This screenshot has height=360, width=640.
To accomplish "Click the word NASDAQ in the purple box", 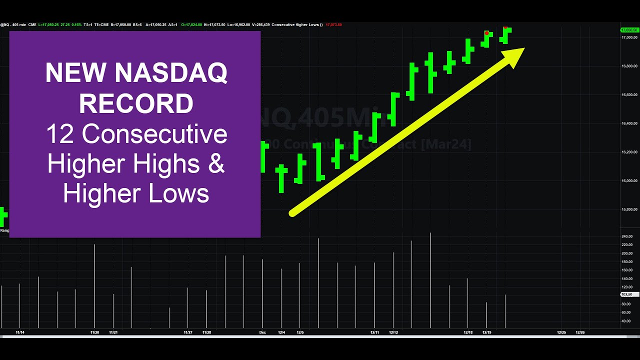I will [171, 73].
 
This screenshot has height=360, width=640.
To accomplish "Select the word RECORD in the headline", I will [136, 104].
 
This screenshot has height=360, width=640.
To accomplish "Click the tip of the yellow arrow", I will [523, 49].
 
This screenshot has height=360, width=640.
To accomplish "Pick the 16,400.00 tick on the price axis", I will [628, 123].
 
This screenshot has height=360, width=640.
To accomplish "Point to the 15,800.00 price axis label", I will [628, 209].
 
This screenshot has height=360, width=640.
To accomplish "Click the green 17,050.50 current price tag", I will [628, 30].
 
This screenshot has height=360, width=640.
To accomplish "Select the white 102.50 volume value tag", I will [626, 294].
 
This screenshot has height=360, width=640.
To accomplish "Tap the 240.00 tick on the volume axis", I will [626, 236].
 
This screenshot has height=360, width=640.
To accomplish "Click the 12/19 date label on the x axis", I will [486, 332].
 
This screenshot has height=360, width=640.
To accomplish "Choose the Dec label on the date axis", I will [262, 332].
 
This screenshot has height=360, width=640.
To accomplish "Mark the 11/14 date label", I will [20, 332].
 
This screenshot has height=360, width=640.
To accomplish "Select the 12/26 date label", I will [580, 332].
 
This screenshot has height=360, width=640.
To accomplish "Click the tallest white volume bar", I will [430, 280].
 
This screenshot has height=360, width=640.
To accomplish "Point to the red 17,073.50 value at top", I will [333, 24].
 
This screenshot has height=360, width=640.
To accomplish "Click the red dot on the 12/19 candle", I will [486, 33].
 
